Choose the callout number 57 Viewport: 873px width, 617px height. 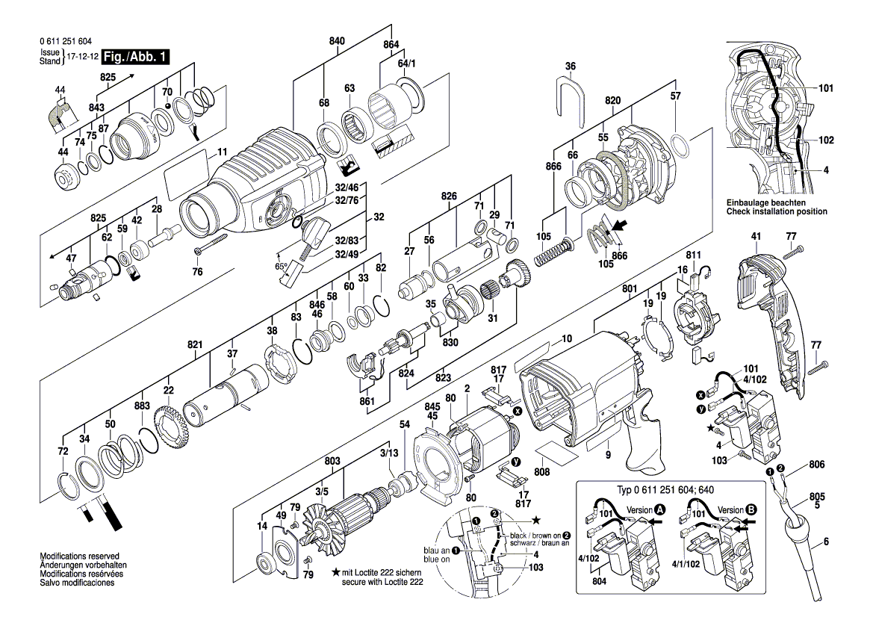click(x=675, y=96)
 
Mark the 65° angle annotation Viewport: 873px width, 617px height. click(x=282, y=265)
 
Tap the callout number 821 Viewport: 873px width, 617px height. click(x=195, y=345)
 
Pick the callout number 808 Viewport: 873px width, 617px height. click(x=542, y=471)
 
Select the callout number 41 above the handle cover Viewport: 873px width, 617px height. click(x=756, y=237)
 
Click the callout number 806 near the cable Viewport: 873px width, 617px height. click(x=816, y=464)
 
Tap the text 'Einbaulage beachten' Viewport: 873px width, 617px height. click(x=765, y=203)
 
